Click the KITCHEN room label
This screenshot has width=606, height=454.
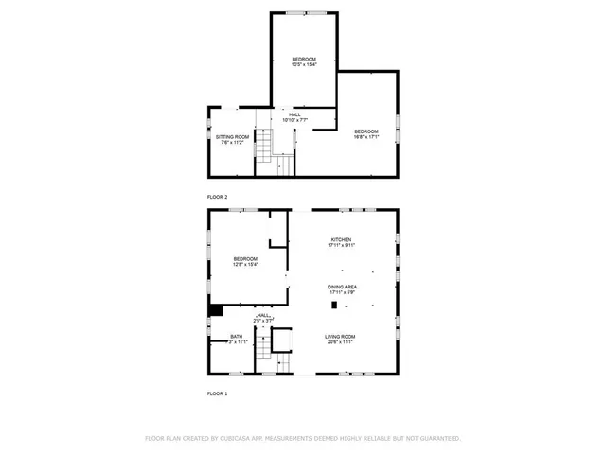tap(341, 239)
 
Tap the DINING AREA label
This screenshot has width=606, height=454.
tap(341, 287)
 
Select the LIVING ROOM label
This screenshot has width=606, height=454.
tap(341, 337)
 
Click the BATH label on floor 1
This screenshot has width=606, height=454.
tap(236, 337)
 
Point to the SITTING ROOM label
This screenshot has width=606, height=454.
tap(232, 137)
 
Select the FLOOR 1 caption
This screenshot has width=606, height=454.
tap(217, 393)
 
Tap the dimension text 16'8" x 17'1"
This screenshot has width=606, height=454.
tap(366, 137)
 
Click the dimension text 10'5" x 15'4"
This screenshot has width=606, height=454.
tap(303, 65)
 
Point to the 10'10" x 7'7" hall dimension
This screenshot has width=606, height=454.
tap(295, 121)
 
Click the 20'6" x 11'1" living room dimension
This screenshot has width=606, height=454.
tap(341, 342)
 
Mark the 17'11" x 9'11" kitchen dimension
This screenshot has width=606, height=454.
tap(341, 245)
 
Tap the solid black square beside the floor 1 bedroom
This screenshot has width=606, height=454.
tap(215, 308)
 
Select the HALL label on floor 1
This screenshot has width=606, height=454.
tap(264, 316)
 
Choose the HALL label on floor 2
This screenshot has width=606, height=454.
tap(295, 114)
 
